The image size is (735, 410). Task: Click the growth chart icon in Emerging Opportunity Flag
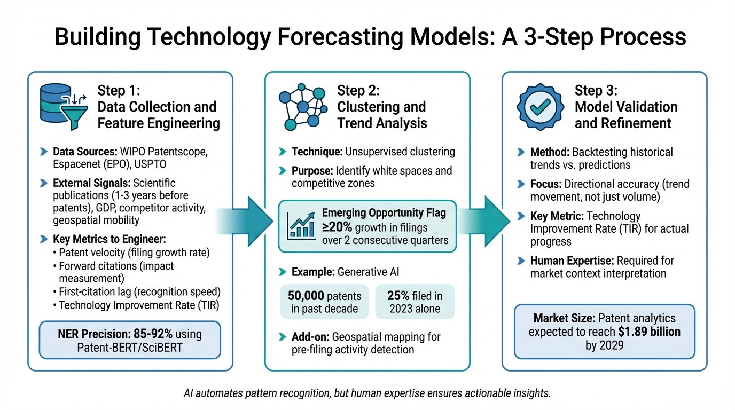301,226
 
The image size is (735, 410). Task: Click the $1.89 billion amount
650,332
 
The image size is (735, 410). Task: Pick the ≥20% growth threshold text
336,226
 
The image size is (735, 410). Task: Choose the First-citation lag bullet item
139,292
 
